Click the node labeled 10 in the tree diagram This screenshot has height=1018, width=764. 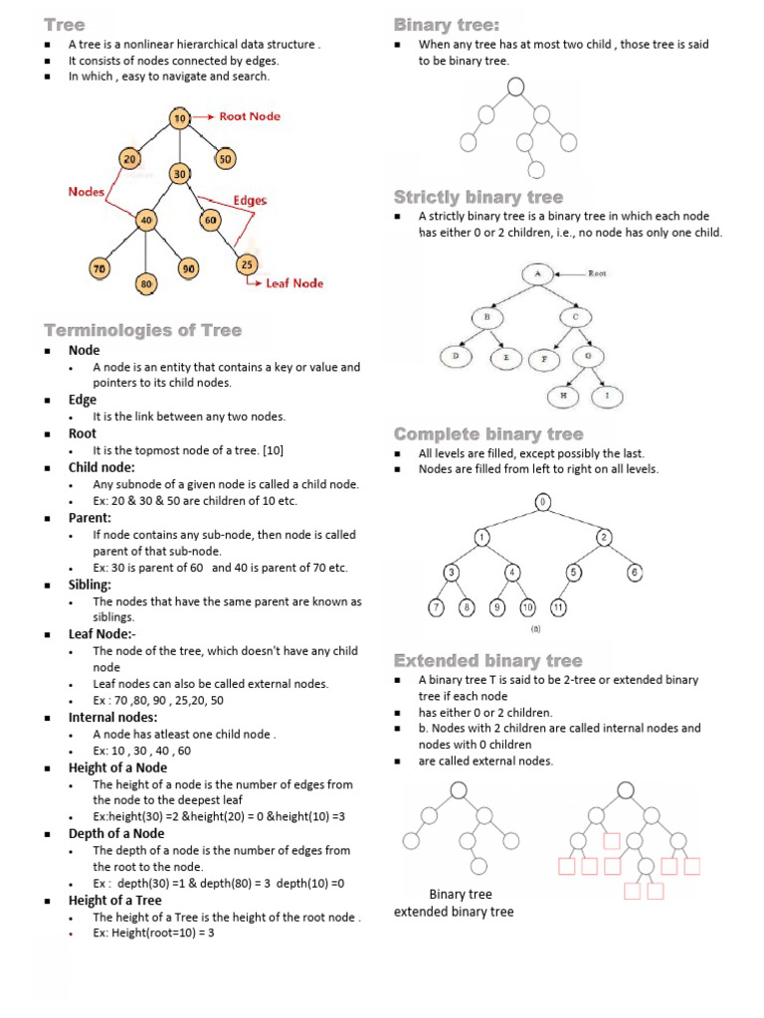coord(179,118)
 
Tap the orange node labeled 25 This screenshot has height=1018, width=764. coord(246,263)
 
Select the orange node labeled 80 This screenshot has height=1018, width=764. coord(146,283)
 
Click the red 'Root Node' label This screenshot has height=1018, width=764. coord(250,116)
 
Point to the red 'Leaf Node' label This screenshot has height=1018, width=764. coord(293,283)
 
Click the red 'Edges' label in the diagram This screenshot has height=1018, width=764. coord(250,200)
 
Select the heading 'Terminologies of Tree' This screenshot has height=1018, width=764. coord(142,330)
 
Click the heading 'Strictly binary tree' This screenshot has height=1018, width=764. coord(477,197)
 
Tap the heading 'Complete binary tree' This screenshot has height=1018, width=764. coord(487,434)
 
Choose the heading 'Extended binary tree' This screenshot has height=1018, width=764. coord(487,661)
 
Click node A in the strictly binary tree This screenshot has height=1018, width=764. coord(536,272)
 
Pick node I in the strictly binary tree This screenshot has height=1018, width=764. coord(607,396)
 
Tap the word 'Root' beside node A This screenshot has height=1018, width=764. coord(597,271)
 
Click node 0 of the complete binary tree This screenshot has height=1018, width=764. coord(542,502)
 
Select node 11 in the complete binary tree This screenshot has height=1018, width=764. coord(559,606)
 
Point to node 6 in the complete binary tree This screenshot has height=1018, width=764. coord(634,573)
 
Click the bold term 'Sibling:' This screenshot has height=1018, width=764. coord(90,585)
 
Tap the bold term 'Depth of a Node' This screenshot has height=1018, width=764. coord(116,833)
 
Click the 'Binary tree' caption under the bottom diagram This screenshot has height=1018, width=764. coord(461,894)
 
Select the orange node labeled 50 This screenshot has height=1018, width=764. coord(225,159)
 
